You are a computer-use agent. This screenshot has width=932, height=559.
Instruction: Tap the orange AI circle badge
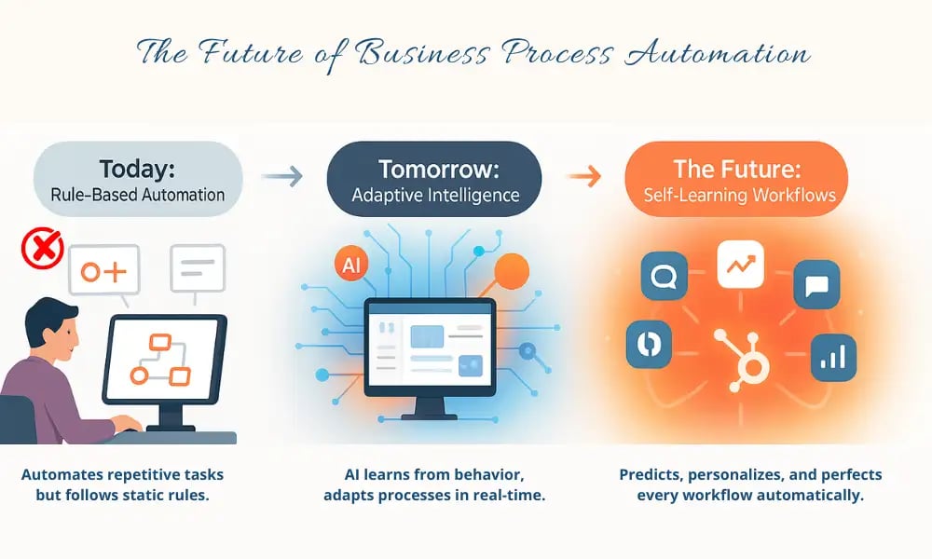[351, 265]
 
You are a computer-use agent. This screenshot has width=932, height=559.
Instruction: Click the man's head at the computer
[48, 327]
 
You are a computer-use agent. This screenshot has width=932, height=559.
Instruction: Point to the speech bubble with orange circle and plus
[103, 272]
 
